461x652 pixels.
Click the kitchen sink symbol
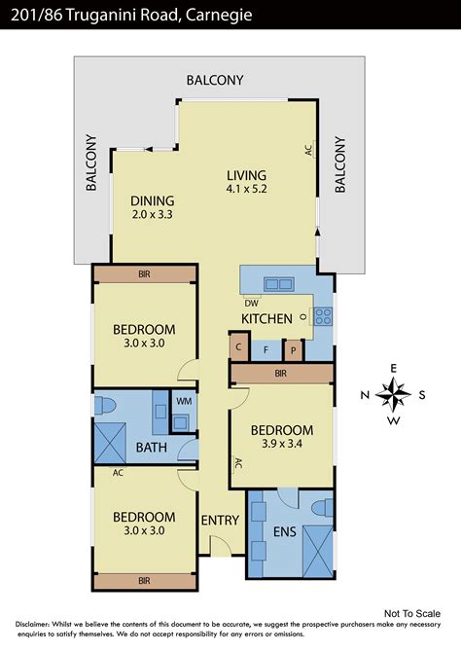[279, 284]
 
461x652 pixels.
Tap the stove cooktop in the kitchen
[323, 316]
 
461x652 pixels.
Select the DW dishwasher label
[252, 303]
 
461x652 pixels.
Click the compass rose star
[393, 394]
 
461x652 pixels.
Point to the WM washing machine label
[184, 401]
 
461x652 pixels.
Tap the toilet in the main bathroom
[104, 406]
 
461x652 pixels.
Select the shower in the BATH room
[110, 443]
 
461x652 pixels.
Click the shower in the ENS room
[318, 551]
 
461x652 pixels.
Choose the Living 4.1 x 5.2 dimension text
[246, 189]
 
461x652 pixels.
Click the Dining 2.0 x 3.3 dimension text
[152, 215]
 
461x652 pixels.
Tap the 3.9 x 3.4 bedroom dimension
[282, 444]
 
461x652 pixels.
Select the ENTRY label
[221, 521]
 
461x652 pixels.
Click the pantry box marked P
[294, 350]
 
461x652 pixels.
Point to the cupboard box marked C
[239, 346]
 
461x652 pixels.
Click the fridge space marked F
[266, 350]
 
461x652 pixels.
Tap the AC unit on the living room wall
[310, 149]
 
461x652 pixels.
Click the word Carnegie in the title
[219, 15]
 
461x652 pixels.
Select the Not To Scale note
[412, 613]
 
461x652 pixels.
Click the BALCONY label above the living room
[215, 80]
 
